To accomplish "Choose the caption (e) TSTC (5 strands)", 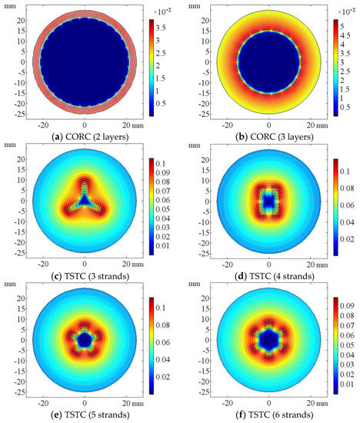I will pyautogui.click(x=85, y=415).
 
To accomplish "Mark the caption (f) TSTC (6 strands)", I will pyautogui.click(x=268, y=415).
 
